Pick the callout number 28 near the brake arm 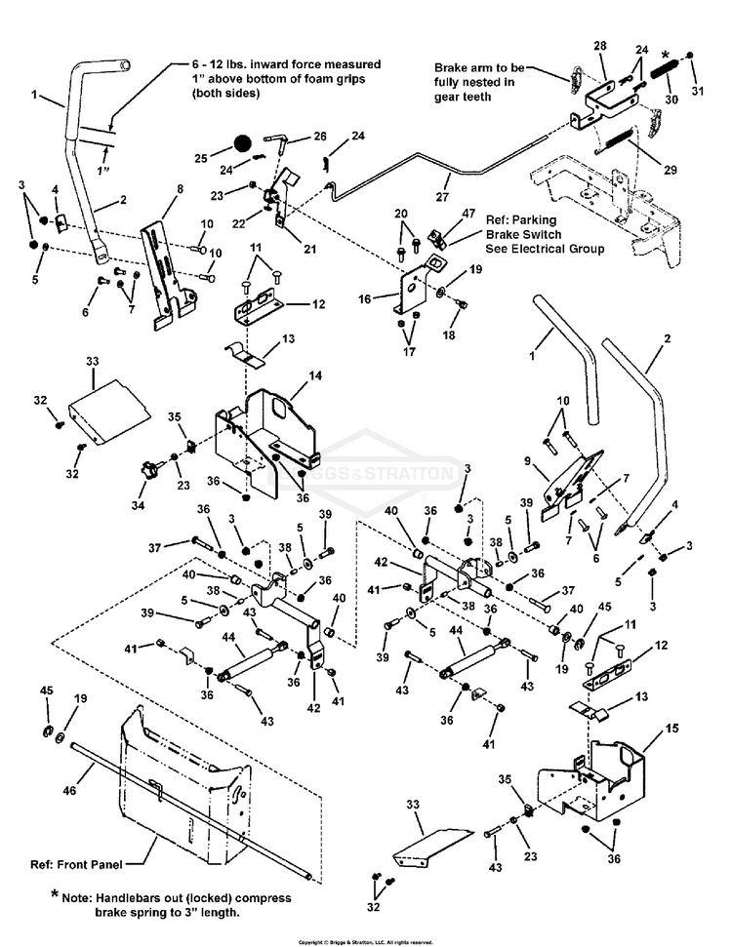pyautogui.click(x=598, y=46)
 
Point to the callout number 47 pyautogui.click(x=469, y=212)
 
